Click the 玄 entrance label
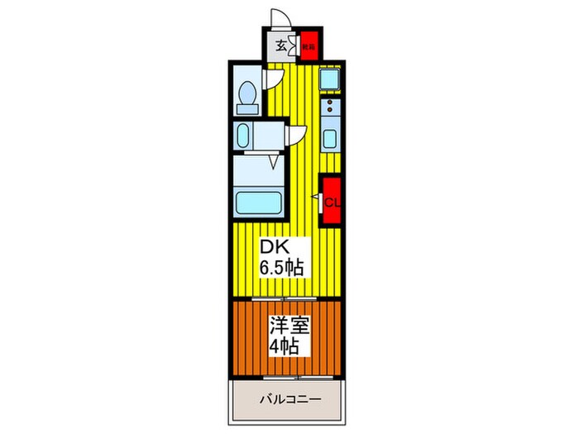(280, 46)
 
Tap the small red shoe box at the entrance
(308, 47)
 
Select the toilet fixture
(246, 96)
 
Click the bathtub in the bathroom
(257, 201)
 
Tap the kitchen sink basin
(329, 138)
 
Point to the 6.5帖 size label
(282, 267)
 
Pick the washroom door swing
(297, 137)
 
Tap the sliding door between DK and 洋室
(286, 298)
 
